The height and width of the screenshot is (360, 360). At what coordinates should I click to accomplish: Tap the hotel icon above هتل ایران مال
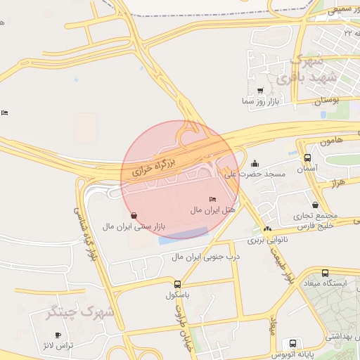click(x=213, y=200)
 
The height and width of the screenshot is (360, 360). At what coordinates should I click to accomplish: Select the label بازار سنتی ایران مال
click(x=134, y=226)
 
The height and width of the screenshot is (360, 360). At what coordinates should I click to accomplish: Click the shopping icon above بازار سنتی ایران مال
click(x=134, y=216)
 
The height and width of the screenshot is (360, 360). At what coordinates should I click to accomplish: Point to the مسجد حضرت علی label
click(x=254, y=173)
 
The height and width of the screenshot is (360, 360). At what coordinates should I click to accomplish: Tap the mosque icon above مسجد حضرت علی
click(x=255, y=163)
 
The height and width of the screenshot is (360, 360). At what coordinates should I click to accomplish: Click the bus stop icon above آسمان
click(x=307, y=158)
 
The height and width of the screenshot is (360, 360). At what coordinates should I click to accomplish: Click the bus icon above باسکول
click(x=176, y=285)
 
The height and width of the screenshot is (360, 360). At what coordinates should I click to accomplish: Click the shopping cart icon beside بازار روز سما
click(x=260, y=91)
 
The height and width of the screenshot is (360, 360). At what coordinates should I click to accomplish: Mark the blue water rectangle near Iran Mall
click(x=182, y=236)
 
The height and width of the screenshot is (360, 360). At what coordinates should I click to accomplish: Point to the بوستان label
click(x=326, y=101)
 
